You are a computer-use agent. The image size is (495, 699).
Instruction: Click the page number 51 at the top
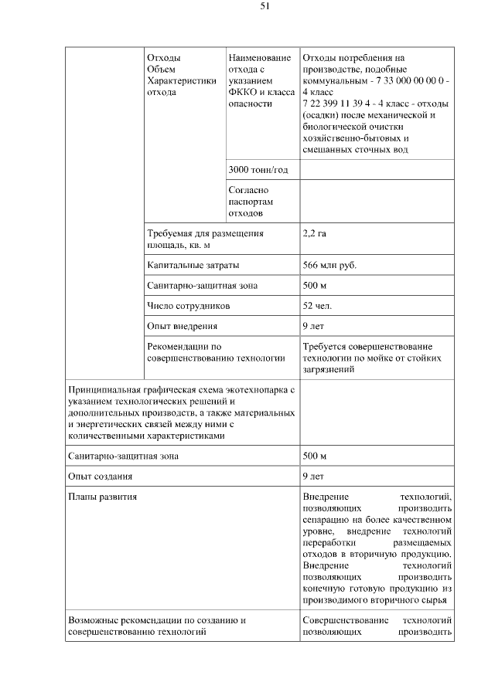tap(265, 7)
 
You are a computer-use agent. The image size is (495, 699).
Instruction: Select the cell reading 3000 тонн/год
tap(258, 169)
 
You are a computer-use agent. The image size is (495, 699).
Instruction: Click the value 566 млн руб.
tap(329, 265)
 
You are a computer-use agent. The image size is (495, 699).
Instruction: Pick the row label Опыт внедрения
tap(182, 326)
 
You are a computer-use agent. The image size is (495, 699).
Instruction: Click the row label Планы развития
tap(103, 497)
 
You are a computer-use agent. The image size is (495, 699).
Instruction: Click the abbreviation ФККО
tap(244, 91)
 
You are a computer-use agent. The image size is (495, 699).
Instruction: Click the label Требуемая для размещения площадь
tap(205, 237)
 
